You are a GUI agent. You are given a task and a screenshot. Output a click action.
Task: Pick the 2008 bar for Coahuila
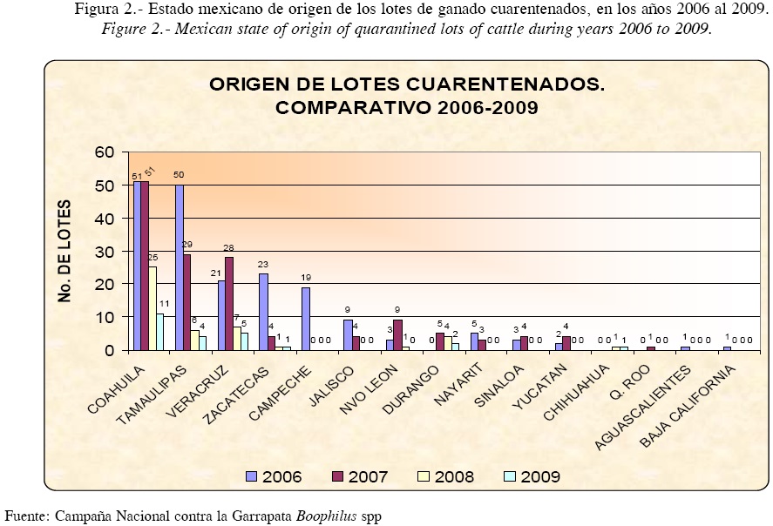(x=152, y=308)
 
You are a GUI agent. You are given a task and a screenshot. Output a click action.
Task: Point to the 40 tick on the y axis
(x=104, y=219)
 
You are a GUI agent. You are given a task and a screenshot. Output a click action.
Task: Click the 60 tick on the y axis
(x=104, y=152)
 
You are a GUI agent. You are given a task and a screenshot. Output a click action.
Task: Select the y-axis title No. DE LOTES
(x=66, y=251)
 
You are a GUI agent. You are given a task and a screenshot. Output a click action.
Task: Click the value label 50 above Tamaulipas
(x=179, y=175)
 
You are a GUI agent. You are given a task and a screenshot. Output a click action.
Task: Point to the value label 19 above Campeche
(x=306, y=278)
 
